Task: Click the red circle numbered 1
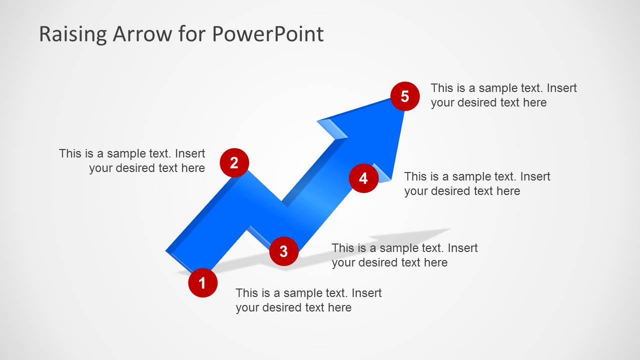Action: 203,283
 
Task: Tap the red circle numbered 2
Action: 234,162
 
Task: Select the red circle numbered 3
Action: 284,251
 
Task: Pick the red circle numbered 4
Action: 363,178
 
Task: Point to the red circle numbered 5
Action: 405,96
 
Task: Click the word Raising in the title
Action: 73,34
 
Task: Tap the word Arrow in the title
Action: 142,34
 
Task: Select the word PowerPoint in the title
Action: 268,34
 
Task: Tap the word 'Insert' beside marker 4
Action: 535,176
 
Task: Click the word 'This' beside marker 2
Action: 70,153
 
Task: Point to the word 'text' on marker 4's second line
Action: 484,191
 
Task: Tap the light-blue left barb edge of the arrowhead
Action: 332,128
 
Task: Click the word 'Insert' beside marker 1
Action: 367,293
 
